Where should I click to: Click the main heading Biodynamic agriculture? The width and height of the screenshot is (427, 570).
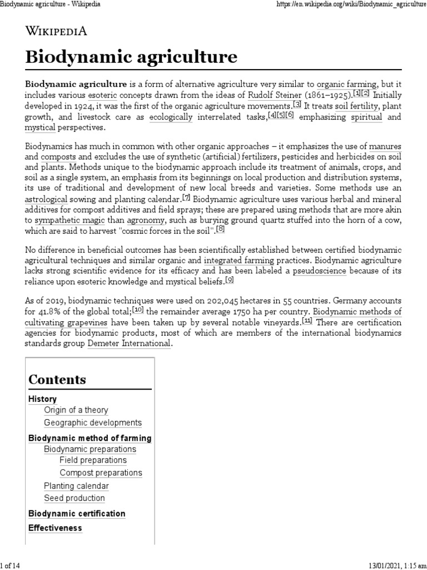pos(131,57)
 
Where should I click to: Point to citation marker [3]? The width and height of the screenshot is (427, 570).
pos(297,105)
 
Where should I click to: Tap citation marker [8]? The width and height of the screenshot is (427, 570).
pos(221,229)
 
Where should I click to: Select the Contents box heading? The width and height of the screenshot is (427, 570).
pos(57,380)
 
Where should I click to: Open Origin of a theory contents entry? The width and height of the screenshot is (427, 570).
pos(76,410)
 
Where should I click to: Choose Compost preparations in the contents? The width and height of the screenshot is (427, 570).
pos(101,473)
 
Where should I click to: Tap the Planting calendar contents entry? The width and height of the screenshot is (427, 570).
pos(76,485)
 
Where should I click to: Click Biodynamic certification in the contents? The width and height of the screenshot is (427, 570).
pos(77,513)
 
